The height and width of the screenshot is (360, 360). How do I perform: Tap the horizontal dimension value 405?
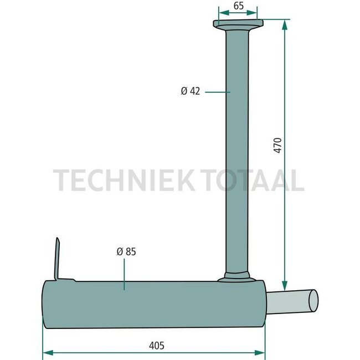tap(156, 345)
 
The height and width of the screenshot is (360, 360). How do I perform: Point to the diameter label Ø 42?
tap(190, 91)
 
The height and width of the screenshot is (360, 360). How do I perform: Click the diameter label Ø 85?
tap(126, 251)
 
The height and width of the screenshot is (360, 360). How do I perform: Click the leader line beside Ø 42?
tap(217, 91)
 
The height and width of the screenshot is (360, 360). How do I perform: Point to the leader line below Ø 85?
tap(125, 274)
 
